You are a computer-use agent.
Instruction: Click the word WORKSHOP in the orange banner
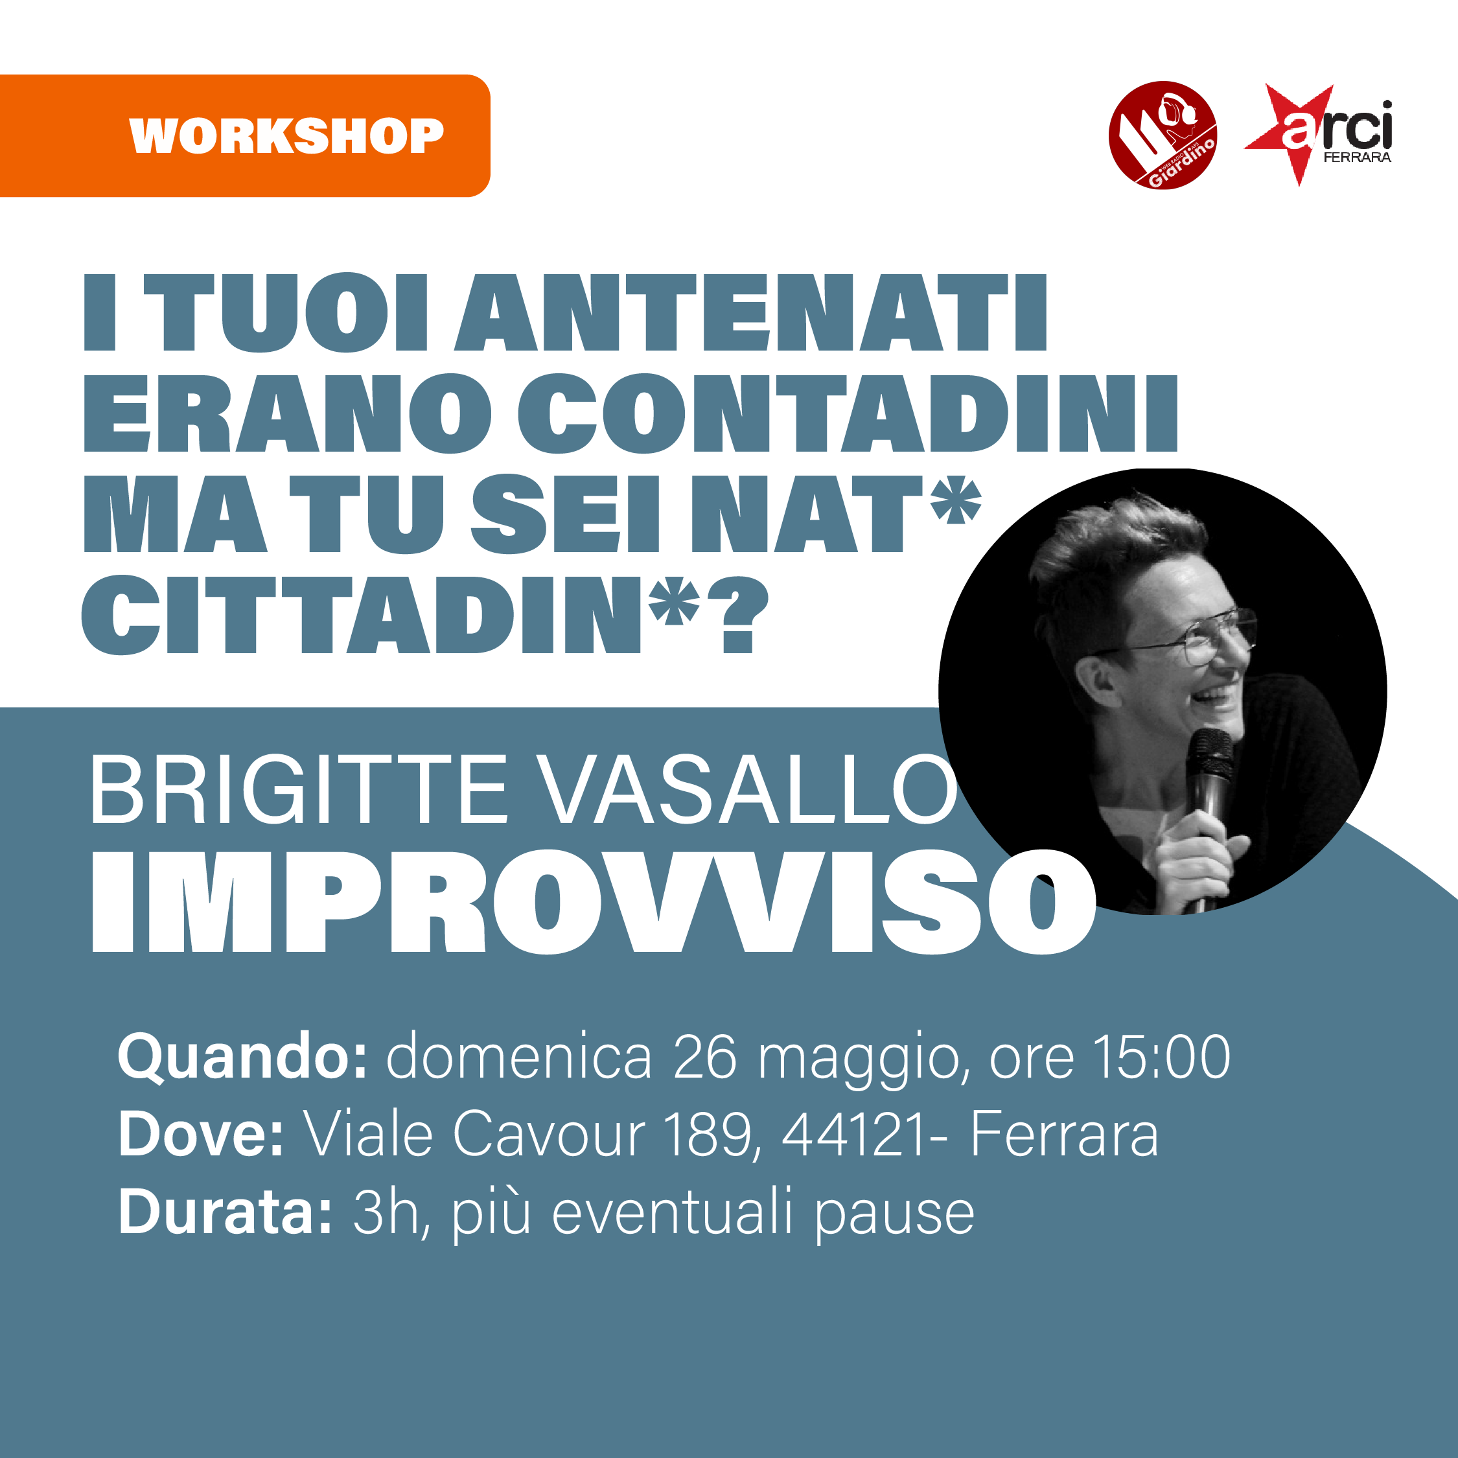point(287,136)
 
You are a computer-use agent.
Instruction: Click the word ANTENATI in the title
point(751,313)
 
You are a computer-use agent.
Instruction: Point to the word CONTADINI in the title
point(848,413)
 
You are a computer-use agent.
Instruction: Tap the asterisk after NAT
point(955,500)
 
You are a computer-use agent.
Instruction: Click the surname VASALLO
point(749,790)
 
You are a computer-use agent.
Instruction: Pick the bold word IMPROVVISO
point(594,902)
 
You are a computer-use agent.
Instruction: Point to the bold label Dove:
point(201,1133)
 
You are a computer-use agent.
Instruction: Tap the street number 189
point(712,1134)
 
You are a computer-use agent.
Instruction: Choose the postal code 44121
point(853,1133)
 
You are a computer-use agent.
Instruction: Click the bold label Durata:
point(225,1211)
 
